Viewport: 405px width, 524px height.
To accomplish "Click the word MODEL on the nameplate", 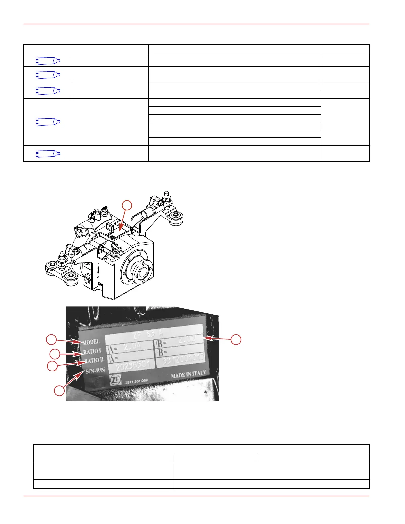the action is [91, 342].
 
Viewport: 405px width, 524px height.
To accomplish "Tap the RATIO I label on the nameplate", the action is [92, 351].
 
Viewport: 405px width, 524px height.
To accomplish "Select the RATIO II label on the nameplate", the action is [94, 360].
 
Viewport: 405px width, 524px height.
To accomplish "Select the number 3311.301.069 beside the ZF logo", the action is [136, 381].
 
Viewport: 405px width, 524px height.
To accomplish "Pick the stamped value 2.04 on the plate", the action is [132, 346].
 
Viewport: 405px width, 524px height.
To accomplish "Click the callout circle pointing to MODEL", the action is [51, 340].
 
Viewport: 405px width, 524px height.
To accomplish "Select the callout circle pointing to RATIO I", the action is [55, 354].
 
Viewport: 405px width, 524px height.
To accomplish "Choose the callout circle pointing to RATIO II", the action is [52, 366].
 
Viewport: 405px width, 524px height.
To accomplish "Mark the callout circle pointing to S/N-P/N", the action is [59, 391].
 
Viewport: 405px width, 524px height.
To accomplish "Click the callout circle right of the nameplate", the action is [236, 340].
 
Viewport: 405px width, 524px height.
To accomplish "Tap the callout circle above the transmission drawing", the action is [127, 205].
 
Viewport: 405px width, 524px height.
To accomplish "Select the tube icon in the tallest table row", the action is [48, 122].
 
